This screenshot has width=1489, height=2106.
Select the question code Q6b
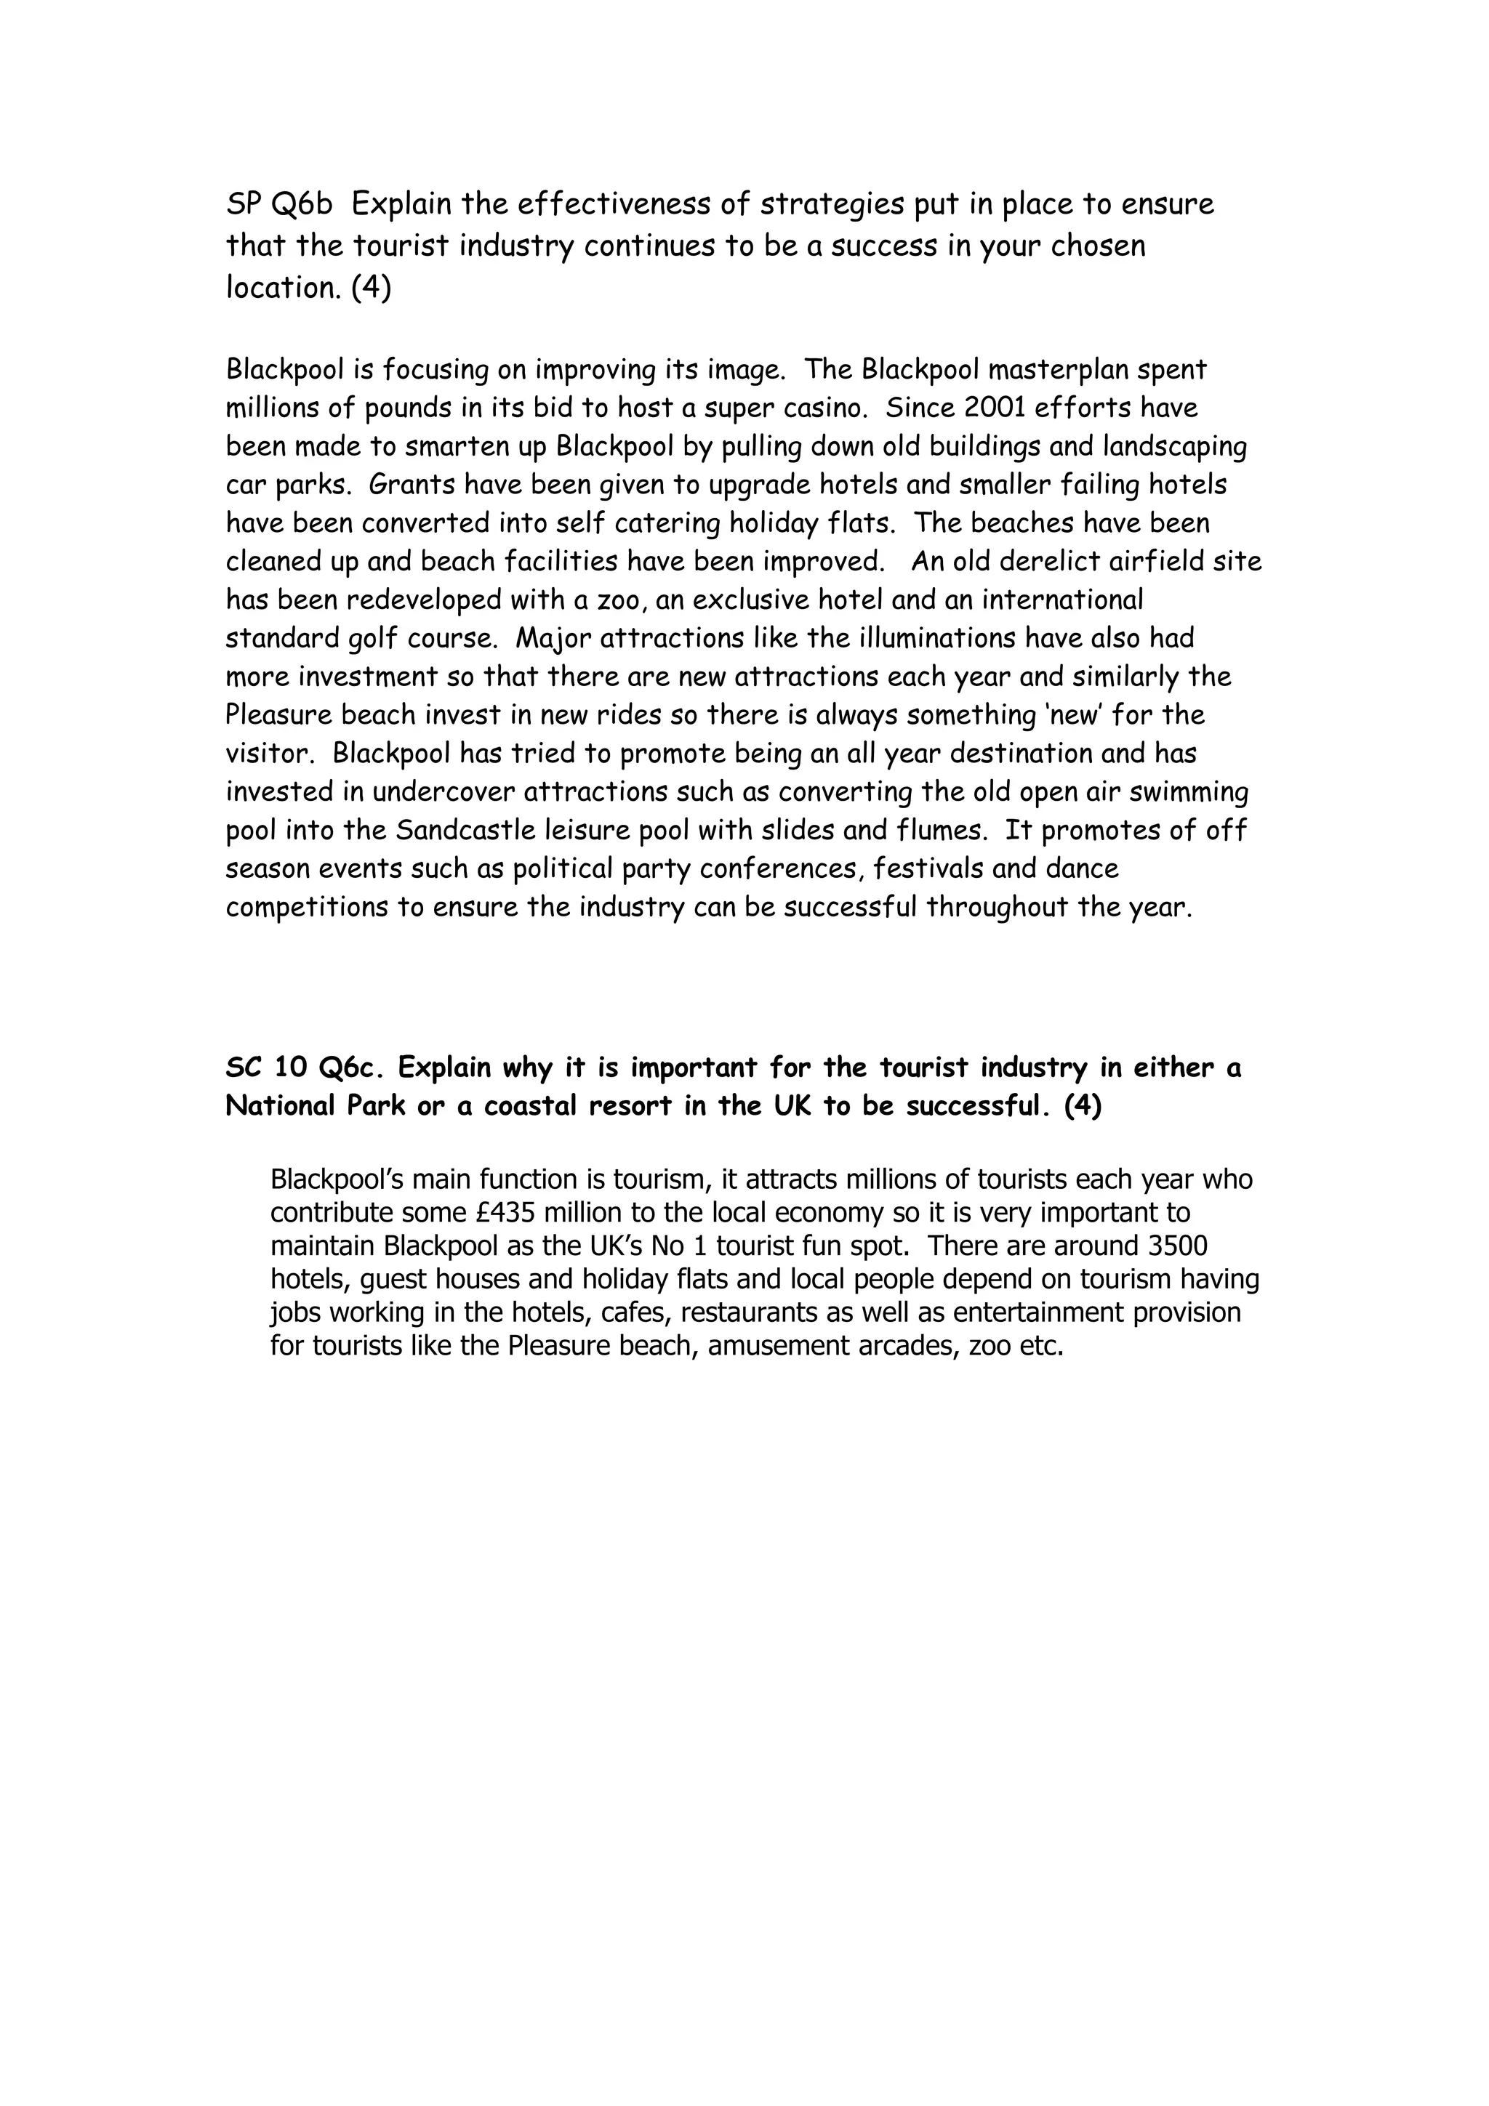[x=302, y=204]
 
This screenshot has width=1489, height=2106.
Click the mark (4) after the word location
[x=371, y=288]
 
